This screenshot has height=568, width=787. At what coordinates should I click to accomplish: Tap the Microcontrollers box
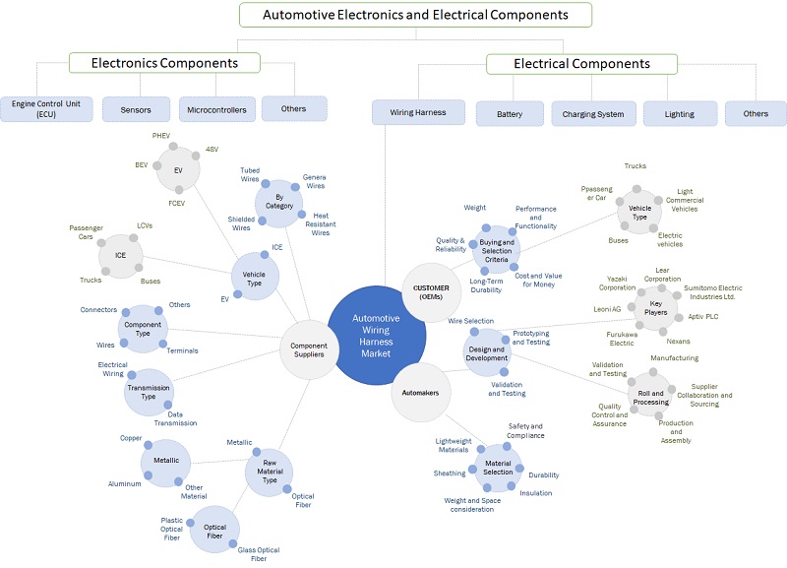click(x=215, y=107)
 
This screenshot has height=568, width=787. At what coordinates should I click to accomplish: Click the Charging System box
click(x=592, y=113)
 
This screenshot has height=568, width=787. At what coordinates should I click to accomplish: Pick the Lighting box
click(x=680, y=113)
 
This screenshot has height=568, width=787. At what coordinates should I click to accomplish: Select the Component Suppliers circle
click(x=310, y=347)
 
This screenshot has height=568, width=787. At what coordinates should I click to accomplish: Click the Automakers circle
click(x=421, y=392)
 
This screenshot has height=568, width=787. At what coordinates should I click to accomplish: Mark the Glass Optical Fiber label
click(x=259, y=554)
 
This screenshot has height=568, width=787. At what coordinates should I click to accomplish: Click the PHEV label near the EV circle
click(x=161, y=134)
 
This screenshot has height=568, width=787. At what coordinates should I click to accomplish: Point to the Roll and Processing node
click(x=652, y=396)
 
